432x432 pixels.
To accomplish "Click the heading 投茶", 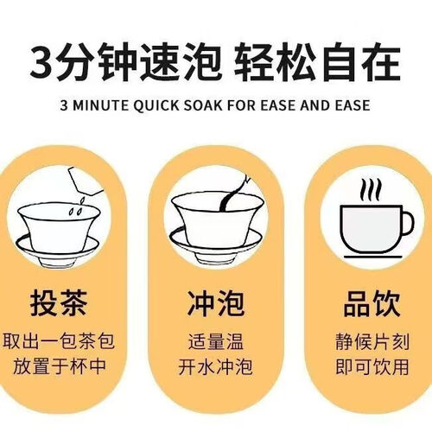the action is pos(59,303).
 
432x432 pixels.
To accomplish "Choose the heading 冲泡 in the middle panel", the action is pos(216,303).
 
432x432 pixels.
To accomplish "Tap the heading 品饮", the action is pos(372,303).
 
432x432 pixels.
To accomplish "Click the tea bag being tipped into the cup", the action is pos(85,181).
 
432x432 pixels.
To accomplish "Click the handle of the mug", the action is pos(408,224).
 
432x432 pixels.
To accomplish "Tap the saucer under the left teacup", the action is pos(57,247).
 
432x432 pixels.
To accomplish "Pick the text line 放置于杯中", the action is pos(60,366).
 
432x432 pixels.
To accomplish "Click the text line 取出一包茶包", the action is pos(59,341).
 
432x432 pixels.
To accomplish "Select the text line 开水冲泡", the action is pos(215,367).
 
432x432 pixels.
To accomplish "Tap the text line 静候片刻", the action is pos(372,342).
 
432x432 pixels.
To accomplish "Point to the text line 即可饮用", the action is pos(372,367).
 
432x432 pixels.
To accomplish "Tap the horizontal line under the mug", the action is pos(373,257).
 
